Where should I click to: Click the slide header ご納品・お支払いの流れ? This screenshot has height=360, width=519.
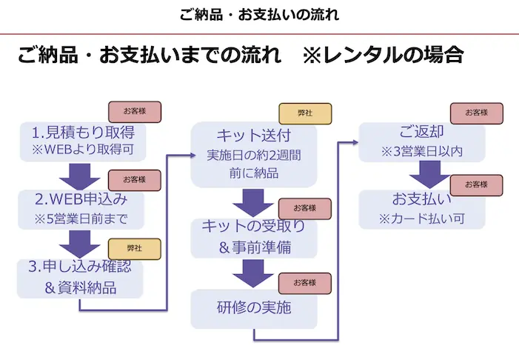pos(260,14)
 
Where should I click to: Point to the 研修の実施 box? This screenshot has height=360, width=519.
pos(254,308)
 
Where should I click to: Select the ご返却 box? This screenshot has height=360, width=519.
pos(421,141)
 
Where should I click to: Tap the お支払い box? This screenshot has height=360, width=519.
pos(421,209)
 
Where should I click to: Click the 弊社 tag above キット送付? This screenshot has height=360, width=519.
pos(304,113)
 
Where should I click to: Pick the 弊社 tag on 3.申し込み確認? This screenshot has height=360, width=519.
pos(134,249)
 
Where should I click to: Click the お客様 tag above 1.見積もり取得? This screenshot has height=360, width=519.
pos(135,111)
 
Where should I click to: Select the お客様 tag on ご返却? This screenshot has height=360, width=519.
pos(476,113)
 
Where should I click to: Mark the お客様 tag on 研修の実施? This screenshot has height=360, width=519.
pos(304,283)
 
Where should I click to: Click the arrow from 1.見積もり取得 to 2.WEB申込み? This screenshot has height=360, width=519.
pos(80,176)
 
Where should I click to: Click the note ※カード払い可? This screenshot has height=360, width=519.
pos(421,219)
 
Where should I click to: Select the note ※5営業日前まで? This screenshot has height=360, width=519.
pos(81,219)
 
